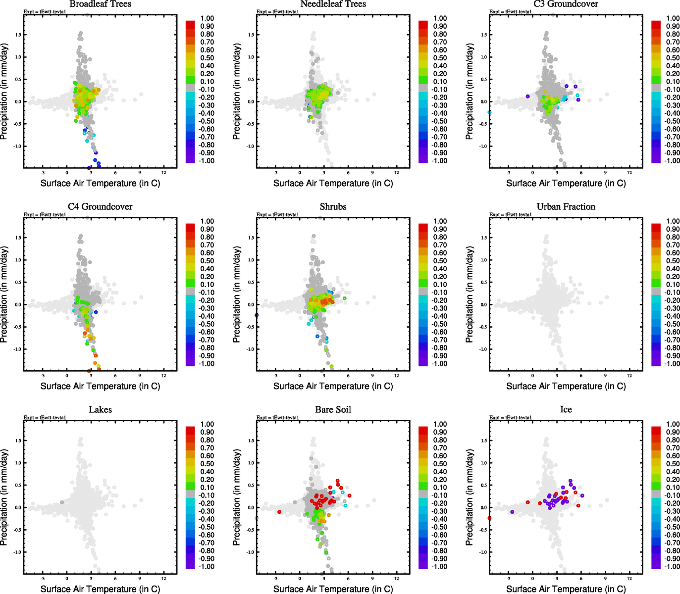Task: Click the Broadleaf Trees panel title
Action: click(x=100, y=4)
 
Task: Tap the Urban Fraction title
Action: click(x=566, y=207)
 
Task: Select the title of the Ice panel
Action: click(x=566, y=410)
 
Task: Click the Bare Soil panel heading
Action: click(x=333, y=410)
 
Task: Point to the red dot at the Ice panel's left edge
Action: click(x=489, y=518)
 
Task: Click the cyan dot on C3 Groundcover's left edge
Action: click(x=489, y=112)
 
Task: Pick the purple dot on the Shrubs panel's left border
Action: click(x=257, y=315)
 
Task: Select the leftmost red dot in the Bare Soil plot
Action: click(x=279, y=512)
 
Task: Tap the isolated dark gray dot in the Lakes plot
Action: click(x=62, y=502)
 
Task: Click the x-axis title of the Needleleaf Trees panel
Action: click(x=333, y=183)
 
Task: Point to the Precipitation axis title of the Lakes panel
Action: click(x=4, y=497)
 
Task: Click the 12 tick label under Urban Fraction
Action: click(x=629, y=376)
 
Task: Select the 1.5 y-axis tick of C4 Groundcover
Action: click(x=18, y=238)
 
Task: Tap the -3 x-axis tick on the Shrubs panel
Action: click(x=275, y=376)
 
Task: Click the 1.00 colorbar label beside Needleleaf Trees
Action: click(x=440, y=18)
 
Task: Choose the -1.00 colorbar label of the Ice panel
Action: click(x=673, y=567)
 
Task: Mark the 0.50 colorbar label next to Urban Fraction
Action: click(x=673, y=261)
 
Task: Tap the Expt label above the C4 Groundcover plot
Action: click(x=45, y=215)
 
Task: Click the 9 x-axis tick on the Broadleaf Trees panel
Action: click(x=140, y=173)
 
